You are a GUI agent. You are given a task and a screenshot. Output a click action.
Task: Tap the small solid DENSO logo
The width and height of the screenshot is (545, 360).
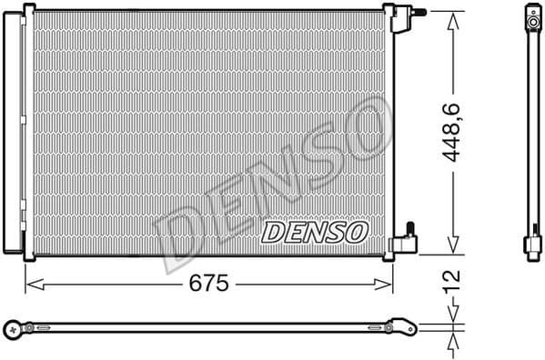tap(314, 233)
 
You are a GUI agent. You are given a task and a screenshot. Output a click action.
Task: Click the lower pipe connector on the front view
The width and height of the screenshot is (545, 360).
tap(405, 240)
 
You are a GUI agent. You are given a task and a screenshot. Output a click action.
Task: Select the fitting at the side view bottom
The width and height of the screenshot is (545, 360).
tap(531, 244)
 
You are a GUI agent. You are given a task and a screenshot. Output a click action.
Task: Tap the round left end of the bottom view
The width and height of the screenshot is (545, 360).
tap(11, 326)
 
